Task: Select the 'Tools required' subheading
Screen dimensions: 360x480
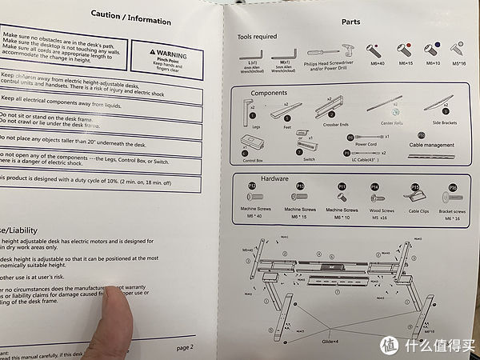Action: click(x=257, y=37)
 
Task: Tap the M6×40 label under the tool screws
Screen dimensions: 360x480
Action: click(x=374, y=63)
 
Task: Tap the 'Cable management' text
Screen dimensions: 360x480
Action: click(x=430, y=146)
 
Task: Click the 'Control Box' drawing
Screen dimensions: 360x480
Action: click(x=254, y=147)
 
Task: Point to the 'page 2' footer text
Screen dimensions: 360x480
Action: click(x=185, y=348)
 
